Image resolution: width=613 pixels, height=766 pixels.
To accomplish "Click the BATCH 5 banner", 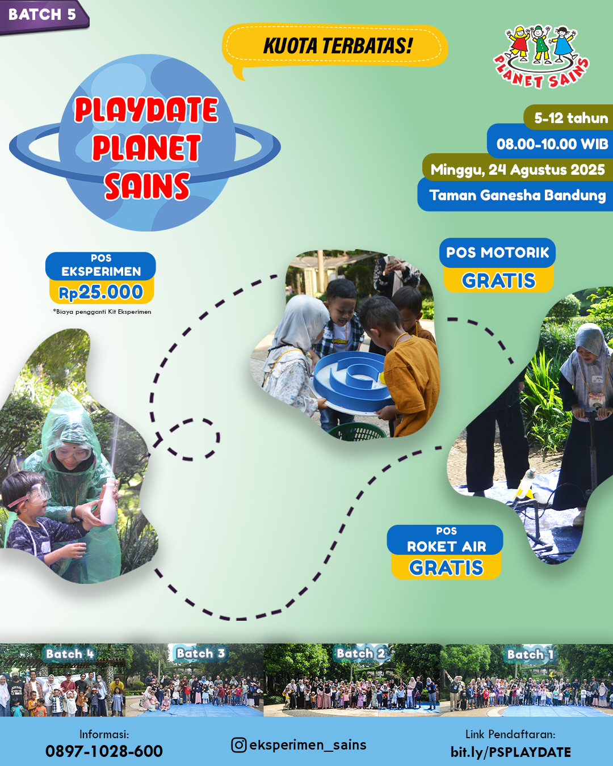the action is [43, 16].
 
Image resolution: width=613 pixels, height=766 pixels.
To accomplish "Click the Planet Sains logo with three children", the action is [541, 56].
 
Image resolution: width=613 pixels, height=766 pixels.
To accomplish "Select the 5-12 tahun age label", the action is [570, 118].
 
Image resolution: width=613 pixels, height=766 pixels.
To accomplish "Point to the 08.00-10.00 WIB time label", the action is [551, 144].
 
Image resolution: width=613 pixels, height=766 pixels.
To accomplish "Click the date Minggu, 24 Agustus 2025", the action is [517, 170].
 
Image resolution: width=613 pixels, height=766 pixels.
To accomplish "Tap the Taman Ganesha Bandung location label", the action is [517, 195].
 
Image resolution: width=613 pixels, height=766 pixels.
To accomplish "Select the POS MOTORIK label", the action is [497, 252].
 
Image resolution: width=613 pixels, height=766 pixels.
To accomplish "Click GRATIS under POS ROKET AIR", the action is [446, 567].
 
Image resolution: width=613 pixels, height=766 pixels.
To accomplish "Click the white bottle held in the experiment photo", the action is [108, 502].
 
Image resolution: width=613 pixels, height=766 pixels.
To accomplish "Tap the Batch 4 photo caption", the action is [70, 654].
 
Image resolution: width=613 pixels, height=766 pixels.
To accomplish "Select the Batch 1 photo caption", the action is [530, 654].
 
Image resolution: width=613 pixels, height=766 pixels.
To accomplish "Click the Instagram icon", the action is [238, 745].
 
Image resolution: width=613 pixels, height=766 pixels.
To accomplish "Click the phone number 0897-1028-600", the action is [104, 751].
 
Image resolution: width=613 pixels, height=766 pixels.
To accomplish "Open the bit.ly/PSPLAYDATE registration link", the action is [510, 752].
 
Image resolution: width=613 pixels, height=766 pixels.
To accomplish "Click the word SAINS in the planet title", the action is [147, 186].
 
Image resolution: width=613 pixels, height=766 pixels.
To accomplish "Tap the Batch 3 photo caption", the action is [200, 654].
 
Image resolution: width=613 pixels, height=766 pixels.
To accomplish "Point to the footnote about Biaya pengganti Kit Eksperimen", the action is [102, 312].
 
